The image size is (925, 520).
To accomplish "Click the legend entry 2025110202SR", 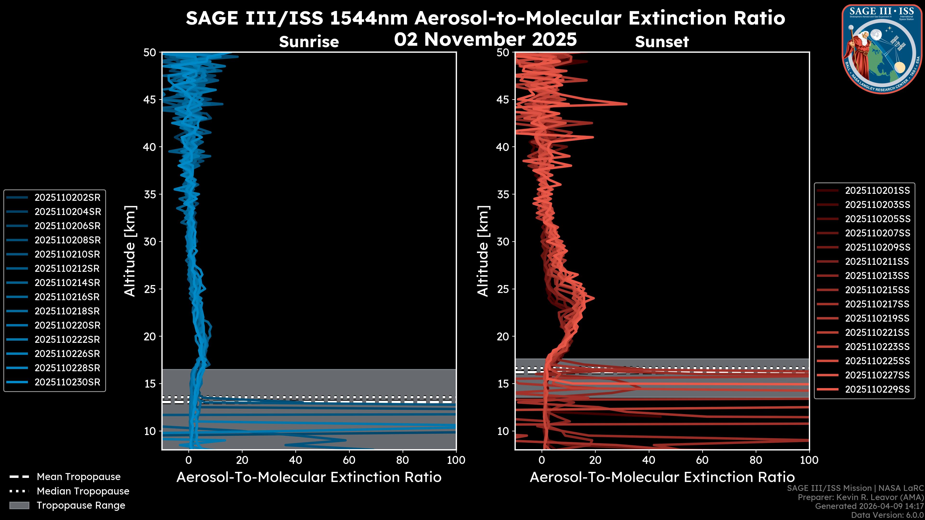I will pos(67,198).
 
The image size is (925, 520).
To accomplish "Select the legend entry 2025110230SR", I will pos(67,382).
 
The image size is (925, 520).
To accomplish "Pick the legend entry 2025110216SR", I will pos(67,297).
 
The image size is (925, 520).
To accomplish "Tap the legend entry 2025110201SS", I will pos(877,191).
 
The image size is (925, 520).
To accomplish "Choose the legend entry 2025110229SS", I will pos(877,389).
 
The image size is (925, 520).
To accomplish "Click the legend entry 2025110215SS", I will pos(877,290).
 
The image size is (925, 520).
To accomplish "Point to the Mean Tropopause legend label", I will pos(79,477).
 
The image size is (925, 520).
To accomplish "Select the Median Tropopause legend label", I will pos(83,491).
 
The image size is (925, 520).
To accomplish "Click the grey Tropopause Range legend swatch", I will pos(19,505).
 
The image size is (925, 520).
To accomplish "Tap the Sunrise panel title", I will pos(309,42).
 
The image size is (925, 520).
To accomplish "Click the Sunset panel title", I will pos(662,42).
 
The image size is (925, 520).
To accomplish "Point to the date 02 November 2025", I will pos(485,39).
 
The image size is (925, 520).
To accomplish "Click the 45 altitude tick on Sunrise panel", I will pos(150,100).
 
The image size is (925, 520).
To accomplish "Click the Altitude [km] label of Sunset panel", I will pos(483,251).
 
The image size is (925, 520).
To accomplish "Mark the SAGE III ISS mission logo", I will pos(882,49).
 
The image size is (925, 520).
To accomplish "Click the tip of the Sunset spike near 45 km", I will pos(627,104).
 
